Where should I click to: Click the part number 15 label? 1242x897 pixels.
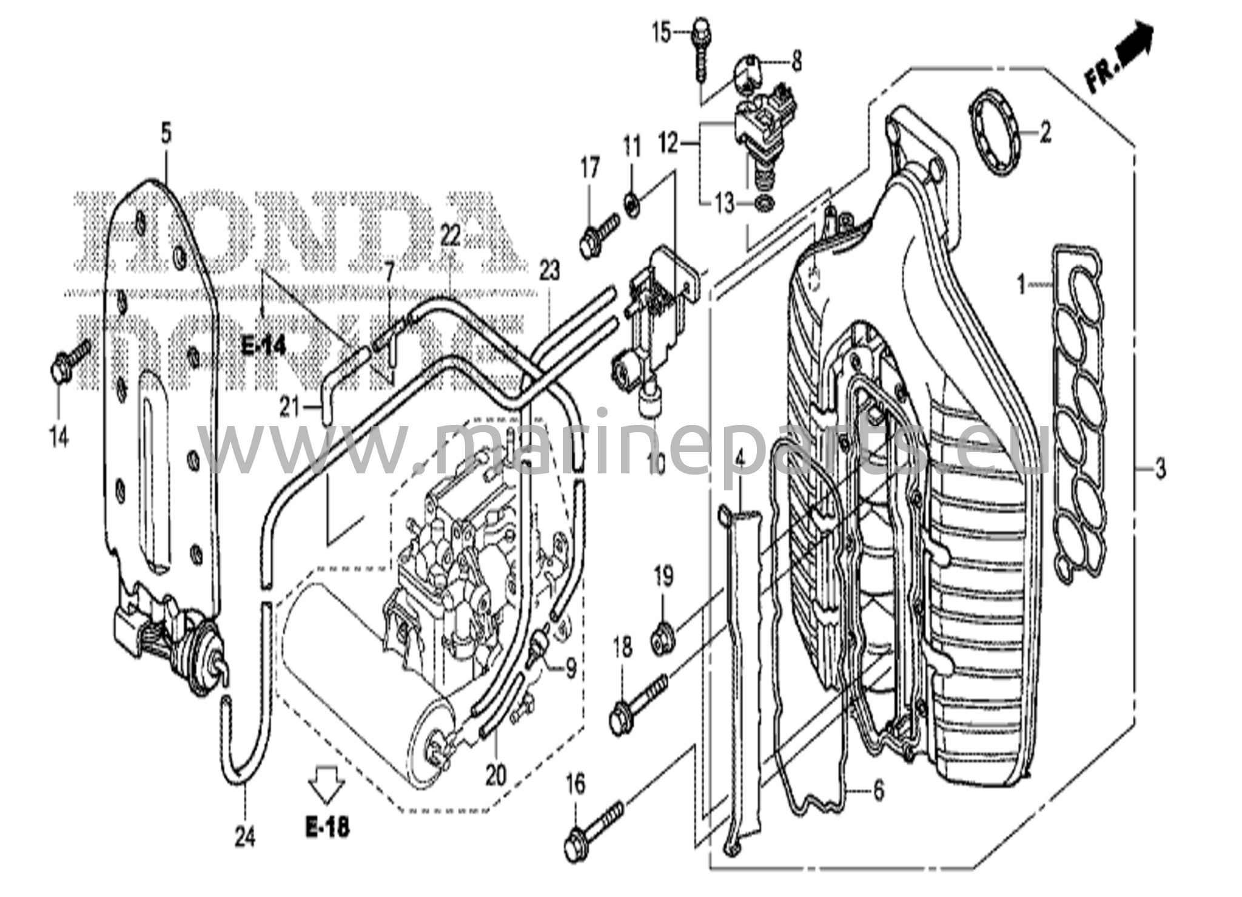(x=662, y=32)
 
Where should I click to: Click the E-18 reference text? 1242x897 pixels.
(x=327, y=827)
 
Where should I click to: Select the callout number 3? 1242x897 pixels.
(x=1159, y=468)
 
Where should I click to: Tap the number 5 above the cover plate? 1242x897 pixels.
(x=166, y=132)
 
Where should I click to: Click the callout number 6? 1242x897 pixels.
(x=878, y=790)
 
